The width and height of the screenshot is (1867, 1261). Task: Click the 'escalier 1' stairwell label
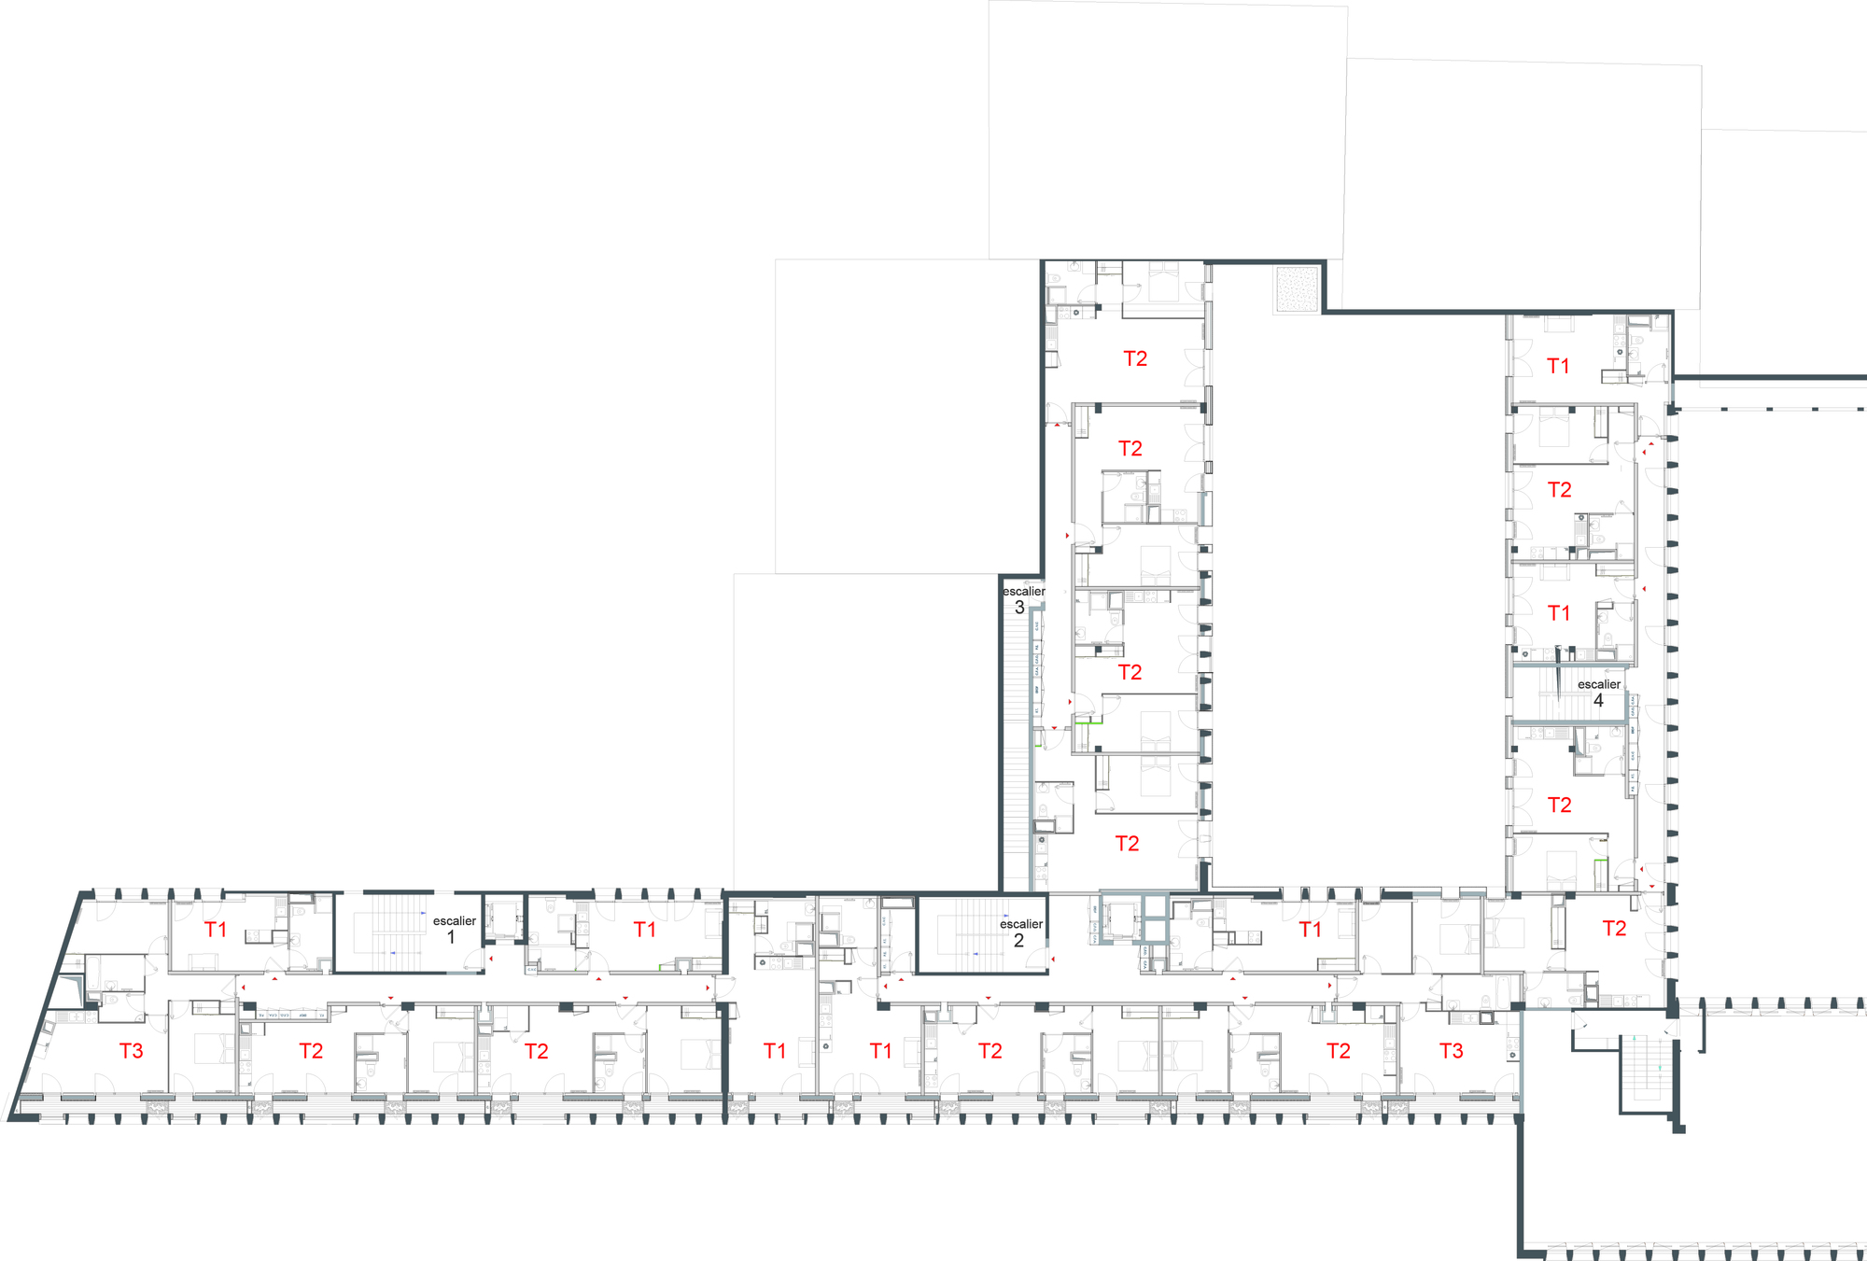point(454,929)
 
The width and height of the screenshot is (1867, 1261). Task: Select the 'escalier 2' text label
point(1020,932)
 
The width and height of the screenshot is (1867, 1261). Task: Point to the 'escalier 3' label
point(1023,599)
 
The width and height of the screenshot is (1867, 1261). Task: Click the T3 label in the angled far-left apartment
point(132,1051)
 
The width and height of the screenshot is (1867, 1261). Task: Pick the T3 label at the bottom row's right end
point(1451,1051)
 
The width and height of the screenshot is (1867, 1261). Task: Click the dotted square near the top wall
point(1297,288)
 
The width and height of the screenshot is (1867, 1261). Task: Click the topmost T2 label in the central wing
point(1135,358)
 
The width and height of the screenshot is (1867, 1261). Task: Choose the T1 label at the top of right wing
point(1558,366)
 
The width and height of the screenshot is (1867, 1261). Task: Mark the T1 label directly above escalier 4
point(1558,613)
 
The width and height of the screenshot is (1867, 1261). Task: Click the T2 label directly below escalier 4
point(1559,805)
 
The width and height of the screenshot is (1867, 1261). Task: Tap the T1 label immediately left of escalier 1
point(216,930)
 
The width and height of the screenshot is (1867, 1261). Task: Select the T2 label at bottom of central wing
point(1127,844)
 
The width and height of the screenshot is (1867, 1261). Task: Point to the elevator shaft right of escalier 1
point(504,920)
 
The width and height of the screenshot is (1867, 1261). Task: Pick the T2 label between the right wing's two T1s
point(1559,490)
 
